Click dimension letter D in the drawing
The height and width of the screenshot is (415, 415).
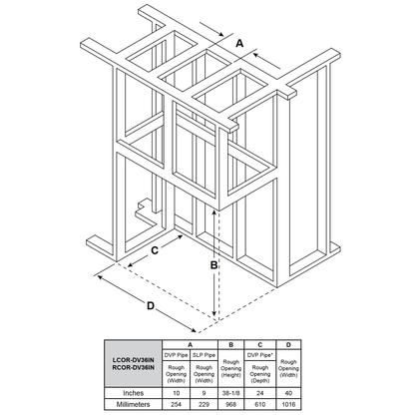click(x=151, y=307)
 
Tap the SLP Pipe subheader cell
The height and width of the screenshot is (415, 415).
click(x=204, y=353)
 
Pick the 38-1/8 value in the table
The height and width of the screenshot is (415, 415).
click(x=229, y=393)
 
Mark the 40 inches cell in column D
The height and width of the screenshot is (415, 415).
click(x=288, y=393)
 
